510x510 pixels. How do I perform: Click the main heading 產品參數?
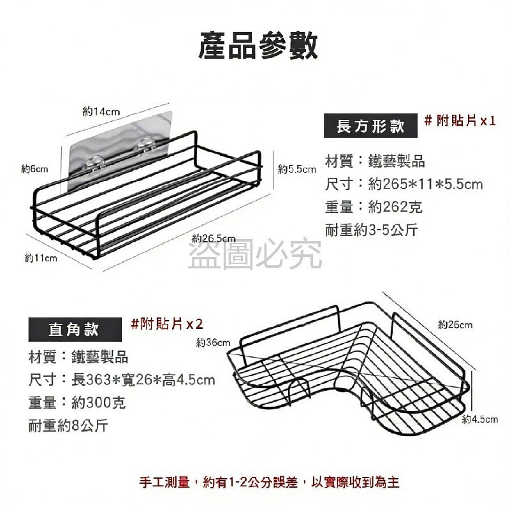[x=258, y=45]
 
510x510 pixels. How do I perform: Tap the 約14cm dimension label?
[x=101, y=112]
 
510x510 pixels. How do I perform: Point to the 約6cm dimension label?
[x=34, y=169]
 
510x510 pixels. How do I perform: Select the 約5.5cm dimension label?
[x=297, y=169]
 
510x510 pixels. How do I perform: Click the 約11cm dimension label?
[x=41, y=258]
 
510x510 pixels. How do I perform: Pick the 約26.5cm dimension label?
[x=214, y=238]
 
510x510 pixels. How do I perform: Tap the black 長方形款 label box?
[x=370, y=126]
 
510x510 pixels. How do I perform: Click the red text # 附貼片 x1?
[x=460, y=121]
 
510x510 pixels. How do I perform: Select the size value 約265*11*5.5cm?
[x=425, y=184]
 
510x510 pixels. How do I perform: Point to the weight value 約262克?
[x=395, y=207]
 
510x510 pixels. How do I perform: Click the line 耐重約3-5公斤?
[x=371, y=230]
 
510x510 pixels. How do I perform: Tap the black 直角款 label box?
[x=75, y=330]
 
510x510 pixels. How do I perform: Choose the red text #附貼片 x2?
[x=166, y=324]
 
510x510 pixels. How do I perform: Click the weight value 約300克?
[x=98, y=403]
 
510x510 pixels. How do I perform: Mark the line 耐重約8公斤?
[x=68, y=425]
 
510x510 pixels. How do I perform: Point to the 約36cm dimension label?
[x=213, y=342]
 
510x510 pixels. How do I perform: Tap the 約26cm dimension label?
[x=455, y=324]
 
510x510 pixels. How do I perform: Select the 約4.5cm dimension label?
[x=480, y=419]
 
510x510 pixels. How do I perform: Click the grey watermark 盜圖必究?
[x=255, y=254]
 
